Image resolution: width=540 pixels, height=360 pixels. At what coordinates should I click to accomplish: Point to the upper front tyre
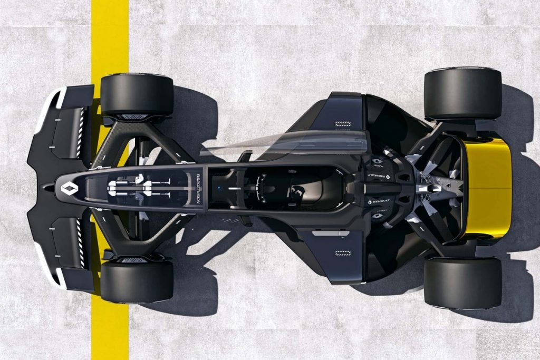[x=137, y=95]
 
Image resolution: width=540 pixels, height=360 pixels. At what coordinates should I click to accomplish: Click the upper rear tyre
[x=462, y=93]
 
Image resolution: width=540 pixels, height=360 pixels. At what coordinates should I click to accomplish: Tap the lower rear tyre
[x=462, y=283]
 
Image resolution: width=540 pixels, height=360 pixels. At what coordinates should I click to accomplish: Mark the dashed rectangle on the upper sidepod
[x=343, y=124]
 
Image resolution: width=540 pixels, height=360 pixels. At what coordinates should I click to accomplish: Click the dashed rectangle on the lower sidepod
[x=343, y=253]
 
